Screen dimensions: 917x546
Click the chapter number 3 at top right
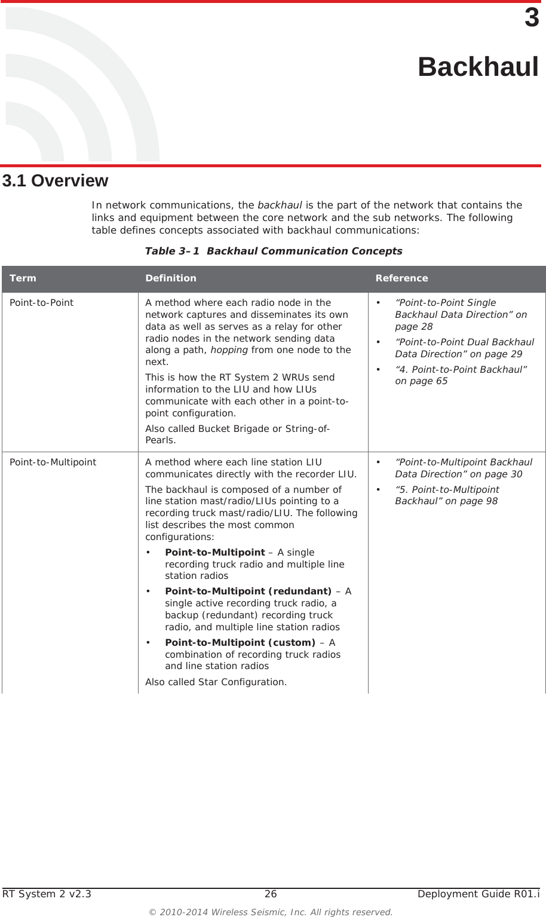pos(531,18)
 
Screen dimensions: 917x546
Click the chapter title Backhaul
pos(477,67)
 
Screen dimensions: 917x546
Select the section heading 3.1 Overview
pos(55,180)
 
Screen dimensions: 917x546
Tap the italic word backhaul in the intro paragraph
pos(279,205)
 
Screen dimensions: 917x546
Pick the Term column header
pos(23,278)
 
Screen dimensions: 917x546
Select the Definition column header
pos(170,278)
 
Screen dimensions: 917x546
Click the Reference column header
pos(401,278)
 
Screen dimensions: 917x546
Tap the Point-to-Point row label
pos(41,303)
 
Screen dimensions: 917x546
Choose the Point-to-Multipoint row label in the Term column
pos(53,462)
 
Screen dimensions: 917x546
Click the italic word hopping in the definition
pos(229,350)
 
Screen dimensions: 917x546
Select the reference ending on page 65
pos(460,375)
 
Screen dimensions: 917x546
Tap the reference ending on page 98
pos(446,495)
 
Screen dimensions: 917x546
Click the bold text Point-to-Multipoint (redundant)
pos(248,591)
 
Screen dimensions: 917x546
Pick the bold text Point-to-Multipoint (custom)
pos(240,643)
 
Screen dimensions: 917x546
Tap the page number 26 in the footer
pos(271,894)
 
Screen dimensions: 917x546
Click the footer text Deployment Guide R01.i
pos(478,894)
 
